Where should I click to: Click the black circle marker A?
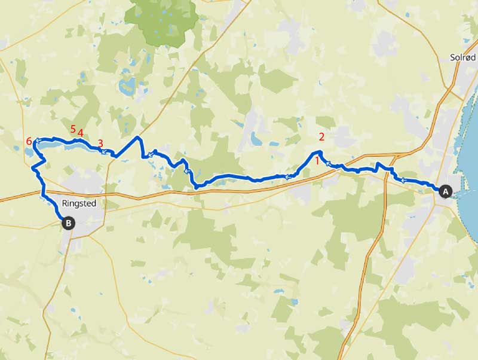pyautogui.click(x=445, y=191)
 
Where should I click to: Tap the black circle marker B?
pyautogui.click(x=69, y=224)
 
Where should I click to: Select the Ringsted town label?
pyautogui.click(x=84, y=203)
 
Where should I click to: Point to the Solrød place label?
pyautogui.click(x=462, y=57)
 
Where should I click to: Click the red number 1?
pyautogui.click(x=317, y=160)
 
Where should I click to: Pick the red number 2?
pyautogui.click(x=321, y=137)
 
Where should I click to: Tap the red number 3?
pyautogui.click(x=100, y=144)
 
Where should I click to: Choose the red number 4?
pyautogui.click(x=80, y=133)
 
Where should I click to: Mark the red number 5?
pyautogui.click(x=73, y=129)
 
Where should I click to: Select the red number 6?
pyautogui.click(x=29, y=142)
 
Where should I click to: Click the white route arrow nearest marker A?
pyautogui.click(x=403, y=179)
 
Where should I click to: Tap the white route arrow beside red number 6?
pyautogui.click(x=37, y=142)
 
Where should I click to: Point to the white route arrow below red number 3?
pyautogui.click(x=104, y=152)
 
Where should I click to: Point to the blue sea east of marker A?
pyautogui.click(x=469, y=150)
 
